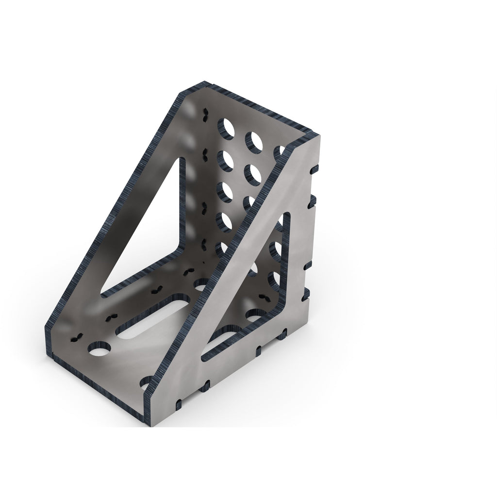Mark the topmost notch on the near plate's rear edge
pos(314,169)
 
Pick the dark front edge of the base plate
pos(97,383)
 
